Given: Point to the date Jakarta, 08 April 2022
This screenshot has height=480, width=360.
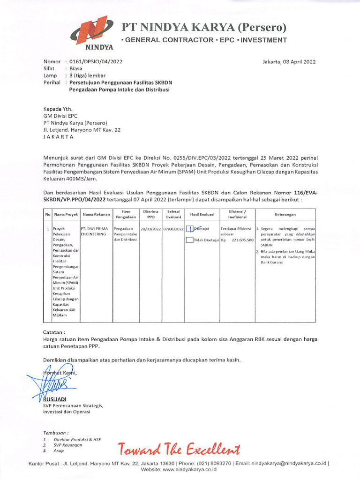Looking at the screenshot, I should click(289, 61).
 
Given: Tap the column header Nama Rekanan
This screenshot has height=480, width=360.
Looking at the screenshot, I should click(96, 215).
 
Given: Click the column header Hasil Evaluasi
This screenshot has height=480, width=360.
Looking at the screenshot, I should click(202, 215).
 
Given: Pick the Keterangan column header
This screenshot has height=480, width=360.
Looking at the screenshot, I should click(285, 215).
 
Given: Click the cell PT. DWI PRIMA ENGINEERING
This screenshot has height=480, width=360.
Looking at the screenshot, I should click(94, 231).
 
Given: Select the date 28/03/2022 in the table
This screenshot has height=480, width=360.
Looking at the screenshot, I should click(150, 228).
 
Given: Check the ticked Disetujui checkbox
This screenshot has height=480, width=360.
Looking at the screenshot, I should click(189, 229).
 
